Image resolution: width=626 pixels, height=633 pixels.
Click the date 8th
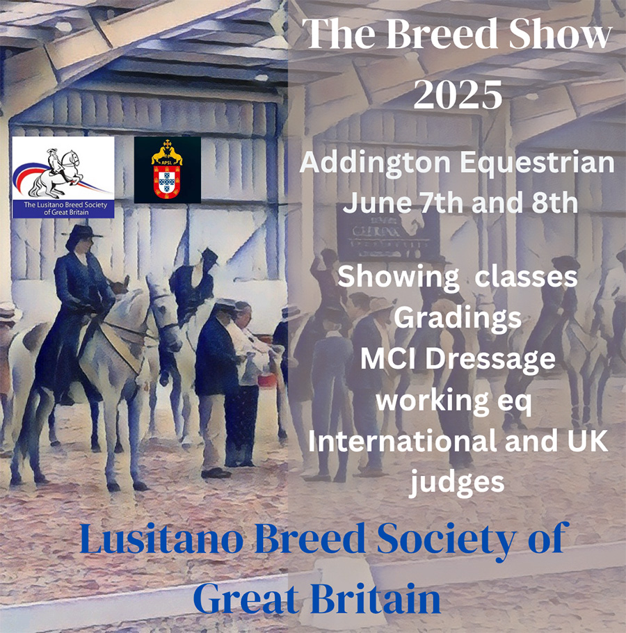point(554,202)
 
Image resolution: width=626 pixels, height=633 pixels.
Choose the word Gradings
point(458,319)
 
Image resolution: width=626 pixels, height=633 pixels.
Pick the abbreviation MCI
point(388,358)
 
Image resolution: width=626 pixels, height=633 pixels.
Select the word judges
point(457,482)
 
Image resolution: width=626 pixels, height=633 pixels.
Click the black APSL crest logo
point(167,170)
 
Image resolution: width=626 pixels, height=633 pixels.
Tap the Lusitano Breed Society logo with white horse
point(63,177)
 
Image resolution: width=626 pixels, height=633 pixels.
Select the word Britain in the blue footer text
point(376,600)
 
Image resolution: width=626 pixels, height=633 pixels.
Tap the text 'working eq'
point(454,401)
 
